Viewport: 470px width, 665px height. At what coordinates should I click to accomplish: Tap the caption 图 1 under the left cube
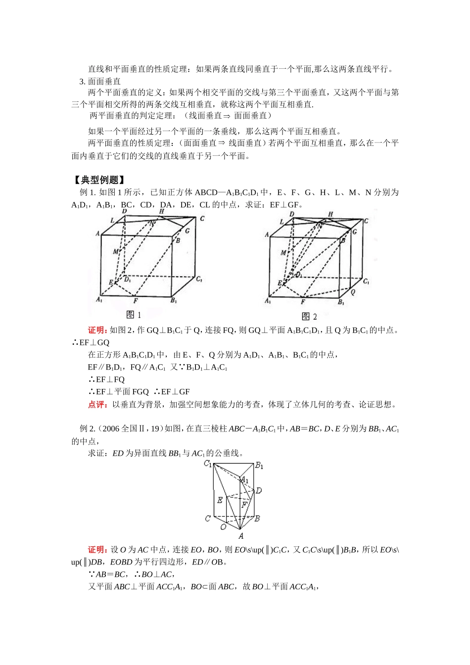[x=134, y=315]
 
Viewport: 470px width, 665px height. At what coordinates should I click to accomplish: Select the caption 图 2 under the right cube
[x=309, y=317]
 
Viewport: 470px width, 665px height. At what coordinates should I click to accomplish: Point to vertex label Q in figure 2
[x=353, y=292]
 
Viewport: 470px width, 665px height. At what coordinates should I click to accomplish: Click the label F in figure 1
[x=136, y=300]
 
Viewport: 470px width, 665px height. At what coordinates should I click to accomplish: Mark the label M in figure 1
[x=115, y=252]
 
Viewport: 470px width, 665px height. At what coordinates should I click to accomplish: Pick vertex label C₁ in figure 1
[x=199, y=280]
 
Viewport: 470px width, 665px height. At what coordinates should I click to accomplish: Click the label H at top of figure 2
[x=330, y=214]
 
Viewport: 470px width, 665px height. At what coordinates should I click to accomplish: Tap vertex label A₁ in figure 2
[x=268, y=301]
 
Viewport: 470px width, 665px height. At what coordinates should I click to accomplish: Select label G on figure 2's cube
[x=354, y=231]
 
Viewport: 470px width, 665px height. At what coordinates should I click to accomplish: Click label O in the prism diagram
[x=223, y=527]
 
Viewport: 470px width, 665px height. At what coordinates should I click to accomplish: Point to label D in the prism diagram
[x=259, y=490]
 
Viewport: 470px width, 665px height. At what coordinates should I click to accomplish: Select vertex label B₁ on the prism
[x=259, y=466]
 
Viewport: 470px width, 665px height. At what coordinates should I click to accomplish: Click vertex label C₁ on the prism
[x=208, y=464]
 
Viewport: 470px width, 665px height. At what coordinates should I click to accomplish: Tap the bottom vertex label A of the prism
[x=241, y=536]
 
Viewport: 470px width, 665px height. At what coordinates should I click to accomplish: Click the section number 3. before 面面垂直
[x=83, y=81]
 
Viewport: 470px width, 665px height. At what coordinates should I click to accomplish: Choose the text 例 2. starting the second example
[x=87, y=428]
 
